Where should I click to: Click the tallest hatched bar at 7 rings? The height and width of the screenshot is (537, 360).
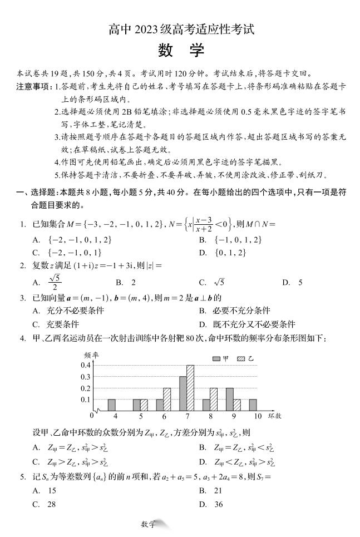[x=190, y=388]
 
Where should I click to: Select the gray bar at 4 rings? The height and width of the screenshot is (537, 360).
[x=111, y=405]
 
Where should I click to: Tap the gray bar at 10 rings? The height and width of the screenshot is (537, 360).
[x=253, y=405]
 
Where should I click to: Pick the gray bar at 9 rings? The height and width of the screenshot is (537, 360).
[x=229, y=399]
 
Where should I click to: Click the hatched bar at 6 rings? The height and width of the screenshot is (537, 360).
[x=167, y=399]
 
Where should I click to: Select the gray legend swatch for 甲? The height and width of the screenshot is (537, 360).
[x=216, y=359]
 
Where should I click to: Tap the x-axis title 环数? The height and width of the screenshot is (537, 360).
[x=274, y=416]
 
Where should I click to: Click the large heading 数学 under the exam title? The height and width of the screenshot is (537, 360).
[x=180, y=51]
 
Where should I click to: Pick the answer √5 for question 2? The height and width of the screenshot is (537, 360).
[x=219, y=282]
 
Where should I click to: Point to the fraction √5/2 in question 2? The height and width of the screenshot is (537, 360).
[x=55, y=282]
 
